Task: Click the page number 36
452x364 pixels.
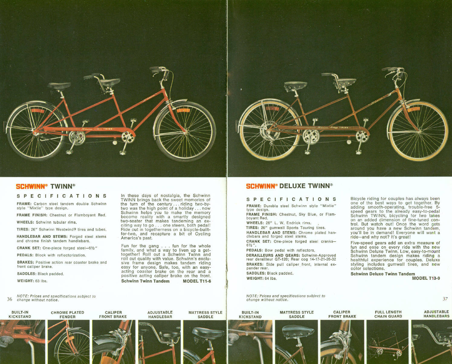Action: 10,299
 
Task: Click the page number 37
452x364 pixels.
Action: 445,299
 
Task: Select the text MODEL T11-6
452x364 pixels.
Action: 197,281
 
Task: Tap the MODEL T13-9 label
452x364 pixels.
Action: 426,278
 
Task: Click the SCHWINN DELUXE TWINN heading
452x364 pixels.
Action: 289,186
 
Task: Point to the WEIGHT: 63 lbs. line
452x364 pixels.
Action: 32,281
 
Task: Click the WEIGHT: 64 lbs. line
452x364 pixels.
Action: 261,278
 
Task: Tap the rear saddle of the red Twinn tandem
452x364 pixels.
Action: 59,86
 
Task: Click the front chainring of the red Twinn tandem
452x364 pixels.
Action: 128,137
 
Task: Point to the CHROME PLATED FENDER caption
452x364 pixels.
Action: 67,315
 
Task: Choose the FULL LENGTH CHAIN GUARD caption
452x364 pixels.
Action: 388,314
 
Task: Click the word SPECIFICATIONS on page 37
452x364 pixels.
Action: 291,199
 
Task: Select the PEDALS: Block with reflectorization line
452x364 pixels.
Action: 51,255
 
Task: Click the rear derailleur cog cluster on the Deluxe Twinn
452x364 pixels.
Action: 267,130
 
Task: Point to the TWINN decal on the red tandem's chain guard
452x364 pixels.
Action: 108,129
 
